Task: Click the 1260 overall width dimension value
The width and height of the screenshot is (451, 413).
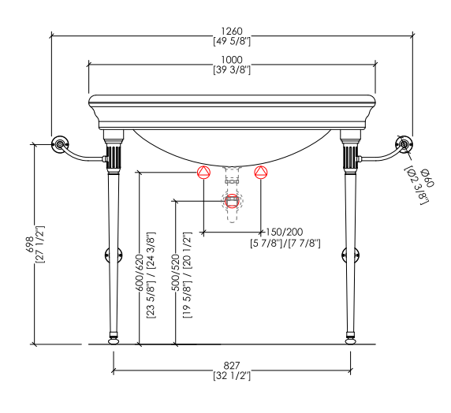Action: [232, 31]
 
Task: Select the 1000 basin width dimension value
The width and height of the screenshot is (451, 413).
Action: [232, 60]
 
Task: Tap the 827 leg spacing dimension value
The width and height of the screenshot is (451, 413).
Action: [232, 366]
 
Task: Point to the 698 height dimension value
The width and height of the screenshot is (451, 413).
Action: [30, 244]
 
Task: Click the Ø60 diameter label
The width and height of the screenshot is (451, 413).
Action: [427, 178]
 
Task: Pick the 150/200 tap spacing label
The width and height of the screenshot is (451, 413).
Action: [284, 232]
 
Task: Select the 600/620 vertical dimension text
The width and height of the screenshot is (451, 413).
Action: [139, 273]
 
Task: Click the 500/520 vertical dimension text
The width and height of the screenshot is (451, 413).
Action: [175, 273]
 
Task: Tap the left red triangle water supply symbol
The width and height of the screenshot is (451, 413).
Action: [203, 173]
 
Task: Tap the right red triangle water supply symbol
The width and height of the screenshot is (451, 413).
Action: [261, 173]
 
